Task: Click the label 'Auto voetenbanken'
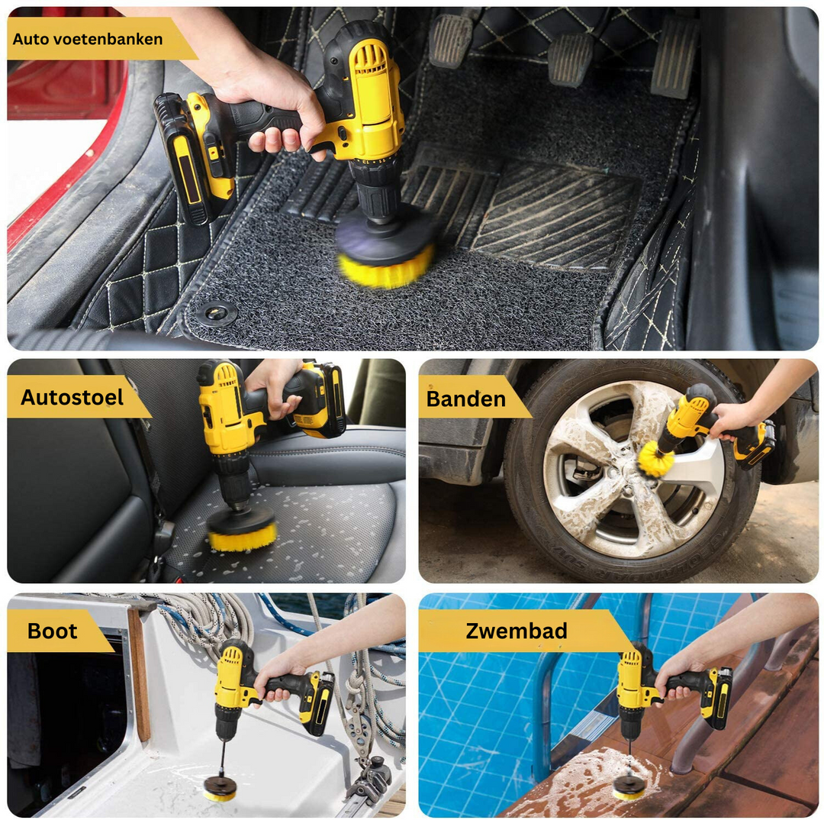(x=88, y=39)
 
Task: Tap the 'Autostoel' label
(x=72, y=397)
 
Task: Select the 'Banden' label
(x=465, y=399)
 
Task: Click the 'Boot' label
(x=52, y=631)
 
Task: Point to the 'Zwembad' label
(x=516, y=631)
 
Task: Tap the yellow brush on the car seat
(x=242, y=538)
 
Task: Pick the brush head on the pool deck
(x=629, y=789)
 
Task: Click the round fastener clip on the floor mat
(x=220, y=312)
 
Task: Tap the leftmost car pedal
(x=452, y=40)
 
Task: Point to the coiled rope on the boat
(x=206, y=622)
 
